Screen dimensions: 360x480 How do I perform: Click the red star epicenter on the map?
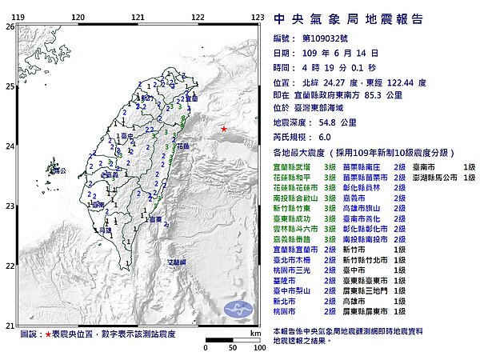[224, 130]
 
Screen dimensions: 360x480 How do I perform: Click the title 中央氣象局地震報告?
[348, 19]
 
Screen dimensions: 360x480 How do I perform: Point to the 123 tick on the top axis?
[258, 17]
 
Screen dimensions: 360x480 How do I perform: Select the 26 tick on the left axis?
[10, 26]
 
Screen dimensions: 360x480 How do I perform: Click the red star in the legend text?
[49, 333]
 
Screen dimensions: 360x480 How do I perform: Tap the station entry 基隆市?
[282, 279]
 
